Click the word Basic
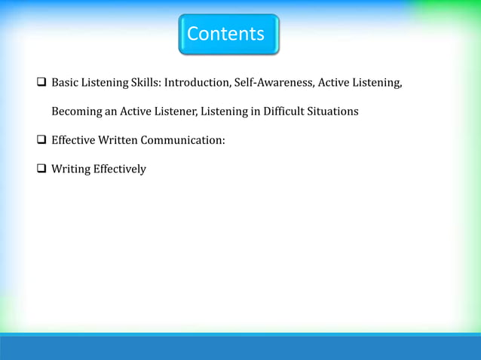tap(65, 82)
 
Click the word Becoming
tap(76, 111)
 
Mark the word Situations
tap(332, 111)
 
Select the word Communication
tap(187, 140)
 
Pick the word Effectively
tap(120, 169)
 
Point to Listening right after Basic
tap(105, 82)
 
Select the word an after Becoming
tap(111, 111)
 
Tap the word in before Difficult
tap(247, 111)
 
